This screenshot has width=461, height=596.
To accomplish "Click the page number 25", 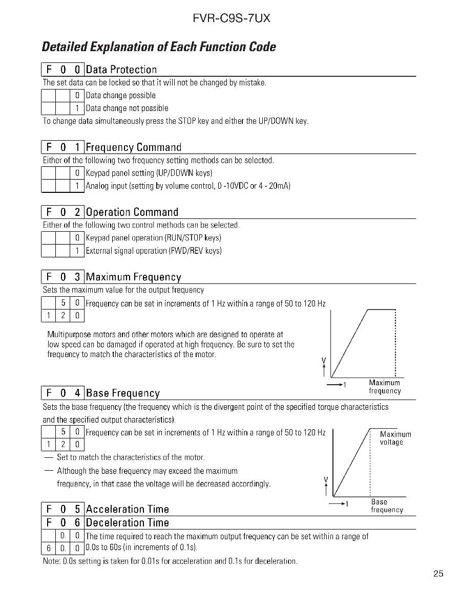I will [438, 573].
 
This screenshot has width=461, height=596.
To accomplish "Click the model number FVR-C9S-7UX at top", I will [232, 18].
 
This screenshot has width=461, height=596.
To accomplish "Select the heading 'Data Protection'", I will [121, 70].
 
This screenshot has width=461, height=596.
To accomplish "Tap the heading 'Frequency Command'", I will [134, 147].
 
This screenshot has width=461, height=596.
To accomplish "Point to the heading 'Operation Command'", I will [132, 212].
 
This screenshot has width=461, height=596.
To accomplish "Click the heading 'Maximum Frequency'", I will [134, 277].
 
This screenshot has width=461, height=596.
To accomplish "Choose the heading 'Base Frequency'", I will [123, 393].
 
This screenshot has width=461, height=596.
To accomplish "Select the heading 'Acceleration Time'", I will [128, 509].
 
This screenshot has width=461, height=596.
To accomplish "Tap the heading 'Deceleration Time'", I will [128, 523].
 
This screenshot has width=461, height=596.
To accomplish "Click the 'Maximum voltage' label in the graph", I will [395, 438].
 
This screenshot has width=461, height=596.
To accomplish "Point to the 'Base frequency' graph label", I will [387, 506].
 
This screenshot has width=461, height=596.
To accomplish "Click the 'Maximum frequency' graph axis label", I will [385, 387].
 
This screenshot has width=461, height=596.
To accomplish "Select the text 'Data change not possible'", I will [127, 108].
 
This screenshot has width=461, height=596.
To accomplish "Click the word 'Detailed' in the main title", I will [64, 47].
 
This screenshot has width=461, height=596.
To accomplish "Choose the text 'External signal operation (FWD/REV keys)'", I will [154, 251].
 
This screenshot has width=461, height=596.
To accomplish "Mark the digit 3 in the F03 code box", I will [77, 277].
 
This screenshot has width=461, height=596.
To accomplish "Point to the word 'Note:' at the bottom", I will [51, 561].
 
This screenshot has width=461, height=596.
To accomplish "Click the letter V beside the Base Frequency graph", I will [326, 479].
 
